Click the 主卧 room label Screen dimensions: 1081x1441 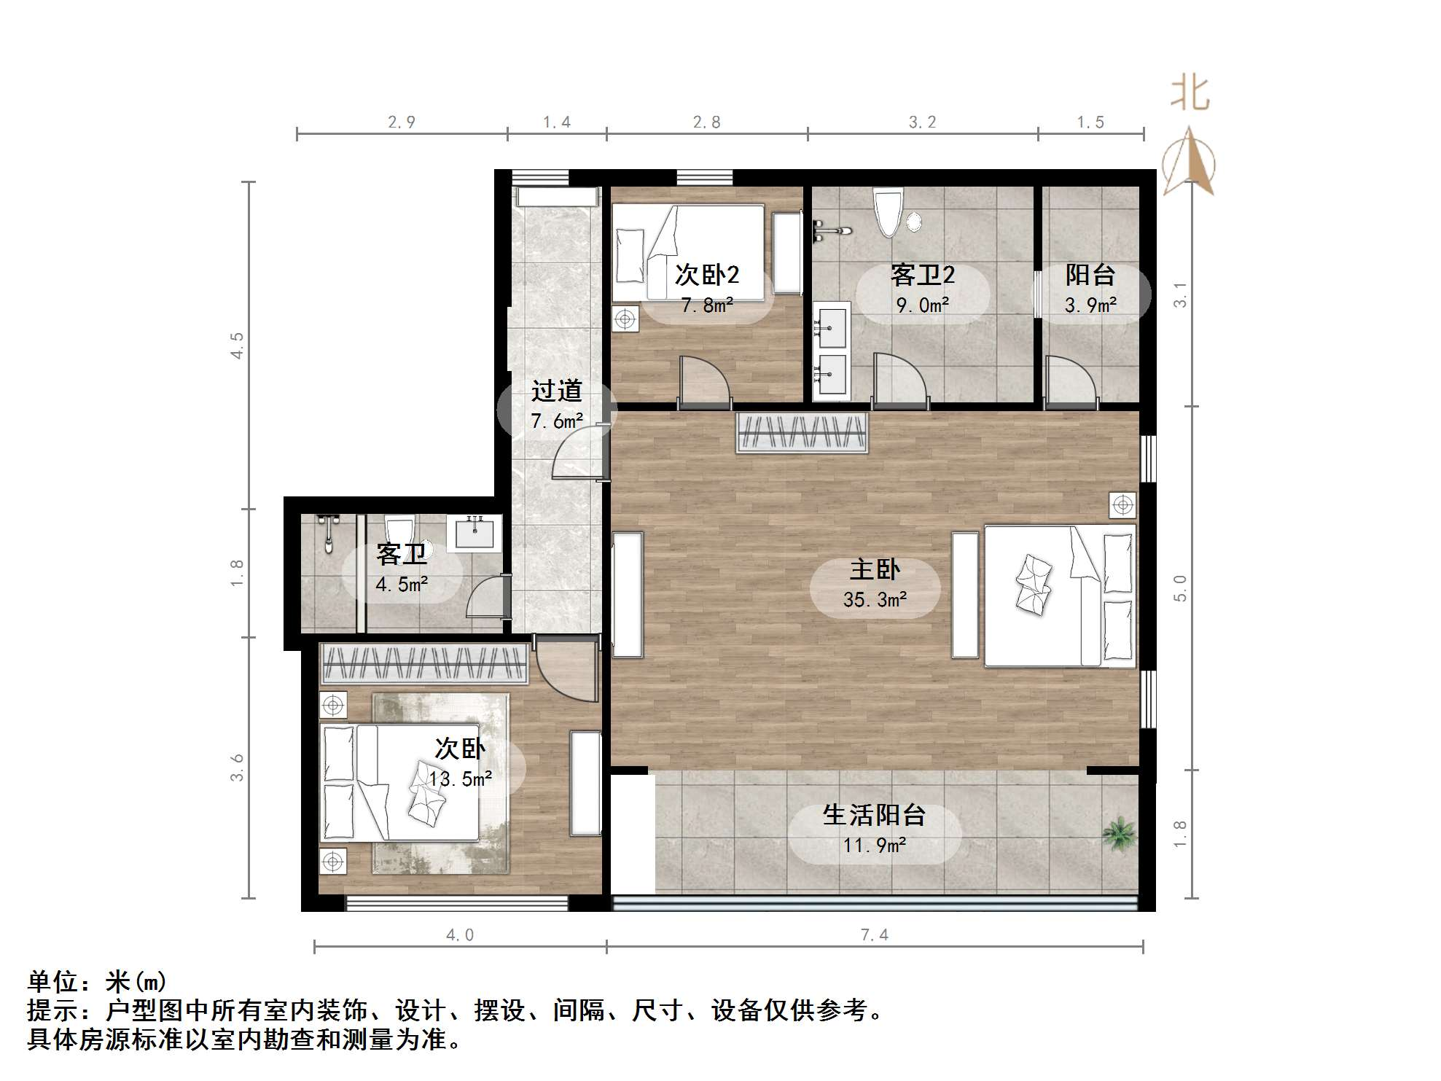[x=875, y=569]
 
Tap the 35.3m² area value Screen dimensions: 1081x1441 [x=875, y=600]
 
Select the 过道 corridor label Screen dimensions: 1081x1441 [x=556, y=391]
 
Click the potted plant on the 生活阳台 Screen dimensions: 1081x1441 [x=1119, y=834]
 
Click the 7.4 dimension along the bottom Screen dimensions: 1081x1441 [x=875, y=934]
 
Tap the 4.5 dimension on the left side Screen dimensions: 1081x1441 [x=237, y=345]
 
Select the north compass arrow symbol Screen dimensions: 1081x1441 [x=1188, y=162]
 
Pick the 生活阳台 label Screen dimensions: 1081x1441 [x=874, y=815]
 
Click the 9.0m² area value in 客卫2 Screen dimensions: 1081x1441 [x=922, y=305]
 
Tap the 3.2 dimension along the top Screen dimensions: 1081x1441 [x=922, y=122]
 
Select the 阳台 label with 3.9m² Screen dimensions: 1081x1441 [x=1090, y=275]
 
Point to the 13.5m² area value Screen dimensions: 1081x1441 [x=460, y=779]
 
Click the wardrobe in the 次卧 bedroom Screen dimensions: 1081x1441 [x=425, y=663]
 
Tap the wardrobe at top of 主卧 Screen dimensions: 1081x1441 [x=802, y=433]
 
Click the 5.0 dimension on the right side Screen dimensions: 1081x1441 [x=1180, y=588]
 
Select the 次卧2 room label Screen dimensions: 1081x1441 [x=706, y=275]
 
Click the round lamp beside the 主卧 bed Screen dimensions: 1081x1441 [x=1122, y=504]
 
